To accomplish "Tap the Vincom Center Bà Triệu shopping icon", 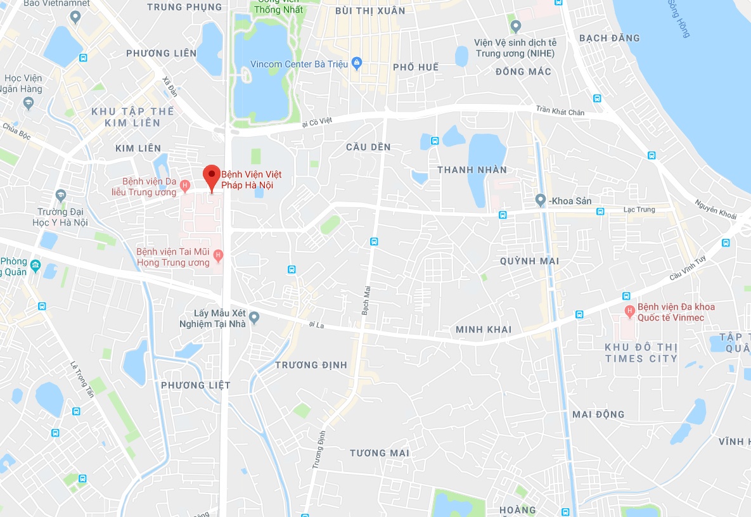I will (x=357, y=63).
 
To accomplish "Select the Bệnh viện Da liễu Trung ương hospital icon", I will (x=184, y=186).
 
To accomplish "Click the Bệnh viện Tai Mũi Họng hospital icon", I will (x=218, y=256).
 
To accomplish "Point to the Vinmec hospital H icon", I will (x=629, y=311).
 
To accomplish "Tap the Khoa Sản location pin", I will (x=540, y=200).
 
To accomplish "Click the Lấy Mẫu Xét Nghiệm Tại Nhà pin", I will (x=254, y=317).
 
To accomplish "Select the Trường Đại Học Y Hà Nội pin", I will (x=61, y=195).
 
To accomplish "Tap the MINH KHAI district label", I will (x=484, y=329).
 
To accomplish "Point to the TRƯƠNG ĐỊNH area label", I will (x=311, y=365).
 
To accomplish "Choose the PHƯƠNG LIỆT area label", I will (x=195, y=385).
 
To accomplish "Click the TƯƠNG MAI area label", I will (x=380, y=453).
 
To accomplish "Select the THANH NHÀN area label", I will (x=472, y=170).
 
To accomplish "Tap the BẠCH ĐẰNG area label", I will (x=609, y=38).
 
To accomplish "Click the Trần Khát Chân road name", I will (x=560, y=112).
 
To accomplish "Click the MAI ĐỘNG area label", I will (x=598, y=414).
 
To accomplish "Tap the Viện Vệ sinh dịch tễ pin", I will (x=515, y=27).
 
